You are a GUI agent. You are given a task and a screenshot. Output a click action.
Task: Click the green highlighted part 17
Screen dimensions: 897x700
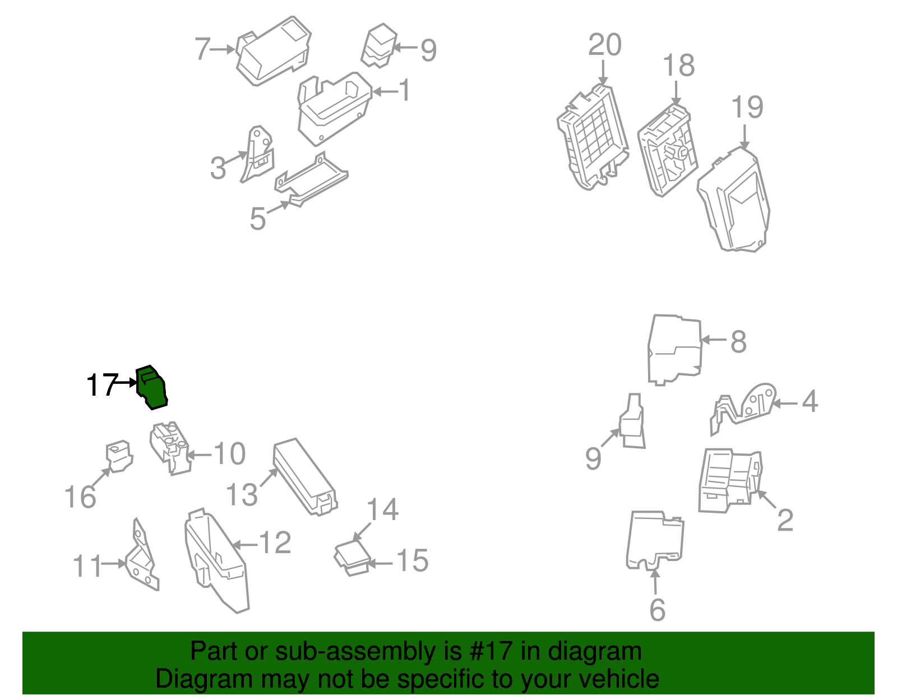click(x=152, y=387)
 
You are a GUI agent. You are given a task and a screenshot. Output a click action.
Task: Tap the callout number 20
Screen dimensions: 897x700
click(x=605, y=44)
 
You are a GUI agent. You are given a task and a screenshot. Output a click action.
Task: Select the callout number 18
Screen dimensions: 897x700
click(x=678, y=66)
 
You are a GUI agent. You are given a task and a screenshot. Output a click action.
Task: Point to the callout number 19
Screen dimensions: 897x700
click(x=747, y=107)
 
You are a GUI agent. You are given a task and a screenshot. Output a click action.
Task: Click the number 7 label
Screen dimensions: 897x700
click(x=203, y=49)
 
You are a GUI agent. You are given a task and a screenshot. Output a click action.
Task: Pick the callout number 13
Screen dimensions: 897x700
click(x=242, y=494)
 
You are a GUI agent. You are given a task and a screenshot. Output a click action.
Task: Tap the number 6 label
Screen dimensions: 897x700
click(x=658, y=610)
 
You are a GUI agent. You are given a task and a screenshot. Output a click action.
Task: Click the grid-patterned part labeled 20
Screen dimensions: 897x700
click(x=593, y=137)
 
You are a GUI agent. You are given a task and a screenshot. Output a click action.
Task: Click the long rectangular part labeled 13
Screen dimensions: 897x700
click(x=304, y=476)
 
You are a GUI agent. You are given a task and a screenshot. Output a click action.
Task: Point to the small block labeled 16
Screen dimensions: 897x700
click(x=119, y=456)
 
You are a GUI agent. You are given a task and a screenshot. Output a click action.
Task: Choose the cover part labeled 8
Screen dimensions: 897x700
click(x=675, y=350)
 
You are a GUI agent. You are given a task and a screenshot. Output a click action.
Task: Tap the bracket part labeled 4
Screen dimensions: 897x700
click(x=743, y=409)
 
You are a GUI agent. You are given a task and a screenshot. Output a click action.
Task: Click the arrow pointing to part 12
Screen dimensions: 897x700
click(x=245, y=545)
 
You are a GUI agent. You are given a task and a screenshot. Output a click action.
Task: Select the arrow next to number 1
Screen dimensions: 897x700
click(x=385, y=91)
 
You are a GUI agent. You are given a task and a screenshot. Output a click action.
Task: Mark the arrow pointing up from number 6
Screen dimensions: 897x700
click(x=655, y=582)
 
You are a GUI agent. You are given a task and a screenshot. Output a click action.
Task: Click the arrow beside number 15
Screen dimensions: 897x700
click(x=380, y=563)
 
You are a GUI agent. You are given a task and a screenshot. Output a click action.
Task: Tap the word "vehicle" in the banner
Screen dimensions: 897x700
click(x=619, y=679)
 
